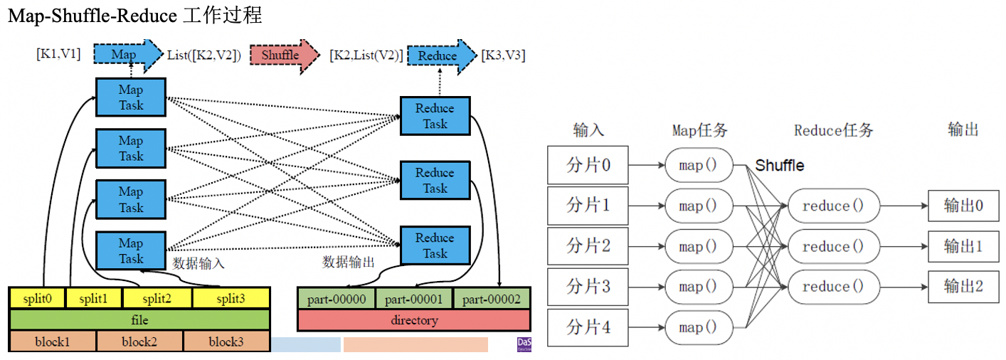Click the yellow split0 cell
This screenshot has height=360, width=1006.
(36, 299)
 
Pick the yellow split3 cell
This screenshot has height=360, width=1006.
(231, 299)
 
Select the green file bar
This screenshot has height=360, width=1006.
(139, 320)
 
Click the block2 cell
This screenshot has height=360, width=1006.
(139, 342)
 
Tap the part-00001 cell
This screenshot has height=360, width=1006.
(414, 300)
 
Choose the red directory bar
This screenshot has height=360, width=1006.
(414, 320)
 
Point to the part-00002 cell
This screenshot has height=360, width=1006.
(492, 300)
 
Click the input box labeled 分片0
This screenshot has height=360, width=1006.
(588, 165)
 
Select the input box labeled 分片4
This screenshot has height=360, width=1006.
(588, 328)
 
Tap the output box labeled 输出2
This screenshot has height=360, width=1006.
(963, 287)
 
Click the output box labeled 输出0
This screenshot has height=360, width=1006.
(963, 206)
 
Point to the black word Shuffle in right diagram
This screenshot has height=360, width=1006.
(779, 166)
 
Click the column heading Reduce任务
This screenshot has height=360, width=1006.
(833, 130)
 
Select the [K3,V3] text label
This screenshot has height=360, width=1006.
(504, 55)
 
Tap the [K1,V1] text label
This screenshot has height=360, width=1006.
(58, 54)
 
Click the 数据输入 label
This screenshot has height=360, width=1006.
(198, 263)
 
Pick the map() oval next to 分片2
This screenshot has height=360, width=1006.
(699, 247)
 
